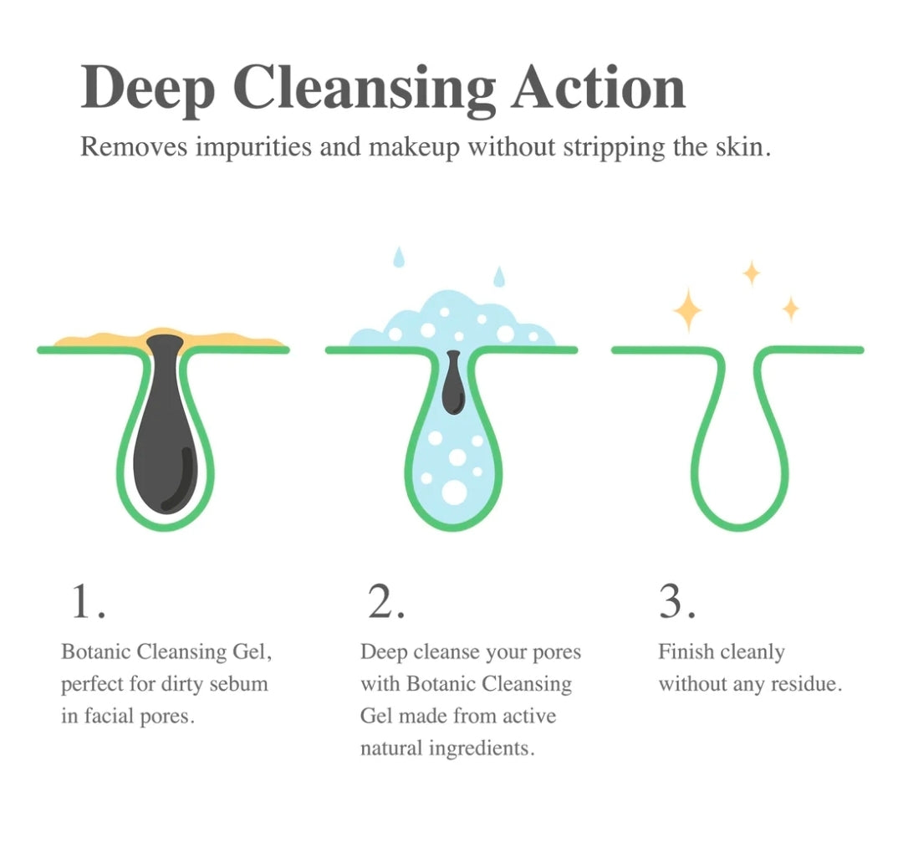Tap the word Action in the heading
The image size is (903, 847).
coord(599,87)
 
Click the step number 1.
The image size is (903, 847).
coord(87,602)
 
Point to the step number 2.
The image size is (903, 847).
coord(386,602)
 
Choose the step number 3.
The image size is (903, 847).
coord(676,602)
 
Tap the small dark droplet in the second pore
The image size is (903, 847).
coord(453,385)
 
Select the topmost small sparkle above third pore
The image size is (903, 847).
coord(752,273)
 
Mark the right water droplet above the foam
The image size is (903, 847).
coord(499,275)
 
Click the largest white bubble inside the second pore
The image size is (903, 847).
coord(455,492)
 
